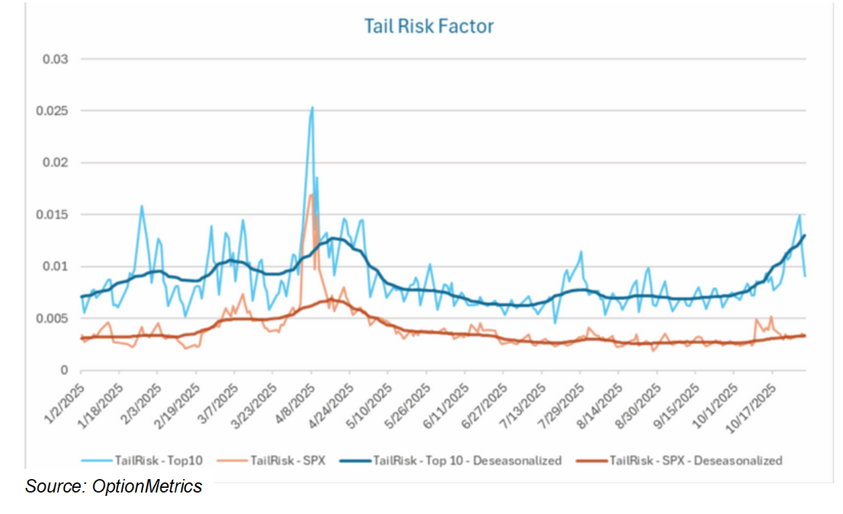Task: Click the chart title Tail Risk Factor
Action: click(429, 26)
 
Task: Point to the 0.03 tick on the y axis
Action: click(56, 59)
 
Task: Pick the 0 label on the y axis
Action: click(64, 370)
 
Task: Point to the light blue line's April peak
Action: click(312, 107)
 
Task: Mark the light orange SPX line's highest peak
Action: click(311, 195)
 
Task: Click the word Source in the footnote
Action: click(53, 486)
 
